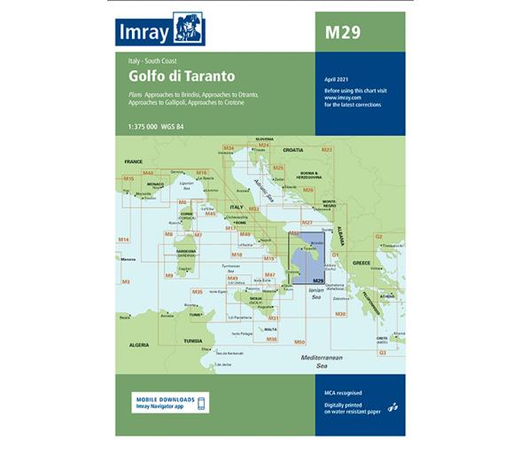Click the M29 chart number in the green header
343,35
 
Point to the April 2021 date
338,81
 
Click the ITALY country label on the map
237,207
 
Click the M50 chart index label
299,342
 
